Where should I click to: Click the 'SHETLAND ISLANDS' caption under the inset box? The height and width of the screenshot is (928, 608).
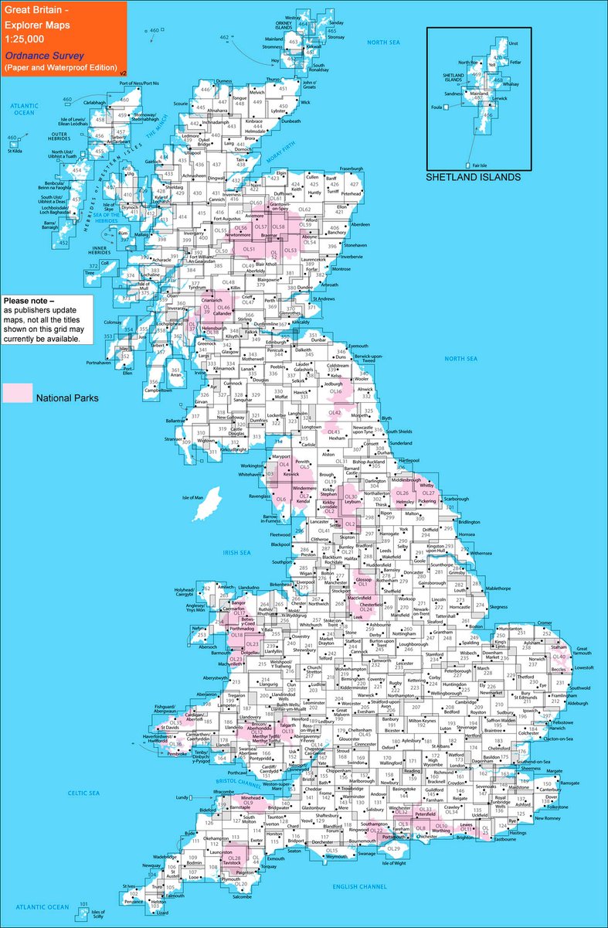pyautogui.click(x=474, y=177)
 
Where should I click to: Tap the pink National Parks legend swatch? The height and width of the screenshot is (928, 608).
pyautogui.click(x=16, y=393)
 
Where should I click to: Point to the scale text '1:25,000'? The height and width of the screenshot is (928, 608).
pyautogui.click(x=23, y=39)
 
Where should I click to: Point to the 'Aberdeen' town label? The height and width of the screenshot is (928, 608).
pyautogui.click(x=360, y=224)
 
